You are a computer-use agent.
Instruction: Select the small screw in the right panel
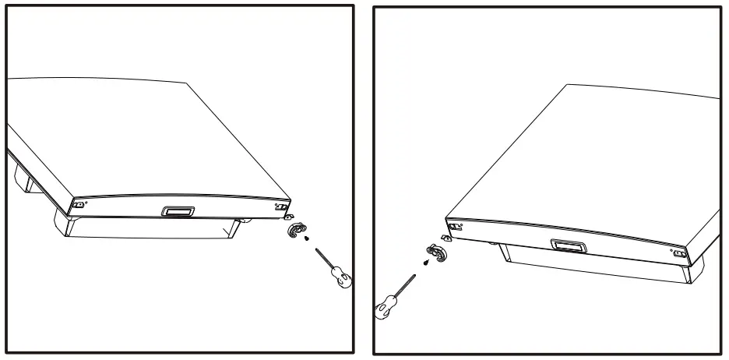point(424,263)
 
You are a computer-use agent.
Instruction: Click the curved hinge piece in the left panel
point(296,231)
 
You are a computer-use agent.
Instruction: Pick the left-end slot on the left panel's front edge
point(78,206)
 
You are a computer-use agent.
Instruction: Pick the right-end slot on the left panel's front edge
point(280,208)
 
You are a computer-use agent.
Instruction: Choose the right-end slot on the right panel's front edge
point(678,253)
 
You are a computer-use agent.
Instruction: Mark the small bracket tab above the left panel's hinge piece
point(291,219)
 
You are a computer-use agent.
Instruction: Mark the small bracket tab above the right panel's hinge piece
point(447,238)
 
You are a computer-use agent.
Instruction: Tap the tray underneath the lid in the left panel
point(148,227)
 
